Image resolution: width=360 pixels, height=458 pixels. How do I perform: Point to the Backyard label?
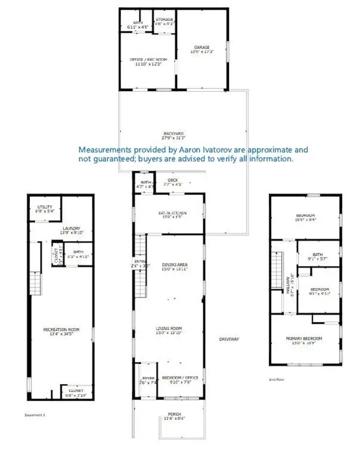pyautogui.click(x=173, y=133)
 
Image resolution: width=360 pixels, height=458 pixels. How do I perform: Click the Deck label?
pyautogui.click(x=173, y=180)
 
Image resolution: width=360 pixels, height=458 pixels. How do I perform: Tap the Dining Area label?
pyautogui.click(x=175, y=264)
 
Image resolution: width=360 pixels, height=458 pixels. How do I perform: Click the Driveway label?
pyautogui.click(x=229, y=339)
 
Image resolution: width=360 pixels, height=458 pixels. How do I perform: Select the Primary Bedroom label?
pyautogui.click(x=304, y=338)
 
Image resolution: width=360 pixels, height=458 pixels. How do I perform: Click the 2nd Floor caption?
pyautogui.click(x=277, y=379)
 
